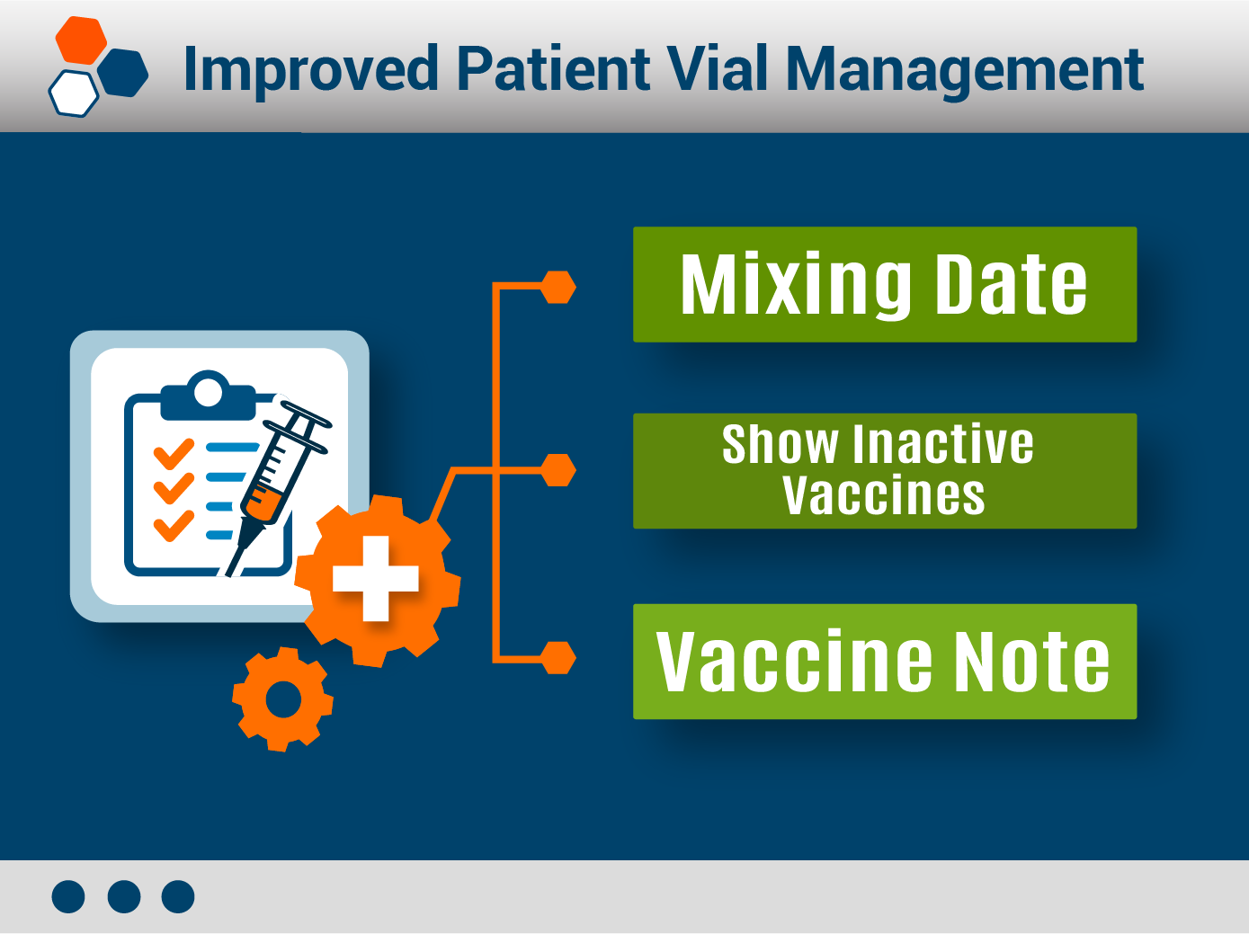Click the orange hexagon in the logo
click(81, 40)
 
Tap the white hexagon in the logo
click(73, 93)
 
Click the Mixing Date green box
click(885, 285)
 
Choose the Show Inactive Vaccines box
click(885, 471)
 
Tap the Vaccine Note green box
click(885, 662)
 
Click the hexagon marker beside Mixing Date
click(558, 288)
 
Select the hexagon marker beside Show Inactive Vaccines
click(558, 470)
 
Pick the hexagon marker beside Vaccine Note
click(558, 658)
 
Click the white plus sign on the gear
click(376, 579)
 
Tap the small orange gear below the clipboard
click(283, 699)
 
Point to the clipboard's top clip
click(208, 395)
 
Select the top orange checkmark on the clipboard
click(174, 454)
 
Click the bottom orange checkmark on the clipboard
click(174, 526)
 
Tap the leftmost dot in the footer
click(68, 897)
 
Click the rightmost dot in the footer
click(178, 897)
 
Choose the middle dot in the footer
click(124, 897)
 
